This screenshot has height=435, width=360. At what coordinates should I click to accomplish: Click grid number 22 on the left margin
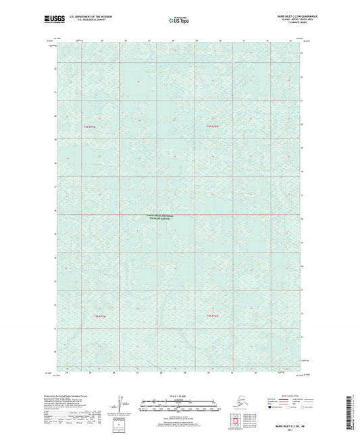55,68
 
